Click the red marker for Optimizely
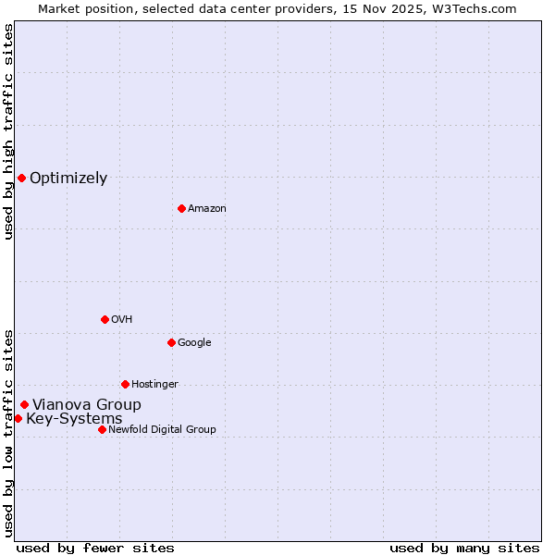pos(21,178)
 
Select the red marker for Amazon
pos(181,208)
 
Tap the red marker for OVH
pos(105,319)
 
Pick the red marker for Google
pos(171,342)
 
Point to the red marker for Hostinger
pos(125,384)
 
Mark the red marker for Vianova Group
pos(24,404)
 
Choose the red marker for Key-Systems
pos(18,418)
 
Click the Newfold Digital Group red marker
pos(102,429)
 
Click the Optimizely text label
pos(68,179)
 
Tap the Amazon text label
pos(207,209)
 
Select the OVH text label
pos(122,320)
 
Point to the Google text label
pos(194,343)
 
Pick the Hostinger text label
pos(154,385)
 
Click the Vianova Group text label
pos(87,405)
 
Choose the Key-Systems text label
pos(74,419)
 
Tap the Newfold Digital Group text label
pos(162,430)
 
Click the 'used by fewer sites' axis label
pos(95,548)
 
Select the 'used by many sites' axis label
pos(464,548)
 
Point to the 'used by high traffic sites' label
pos(8,131)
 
